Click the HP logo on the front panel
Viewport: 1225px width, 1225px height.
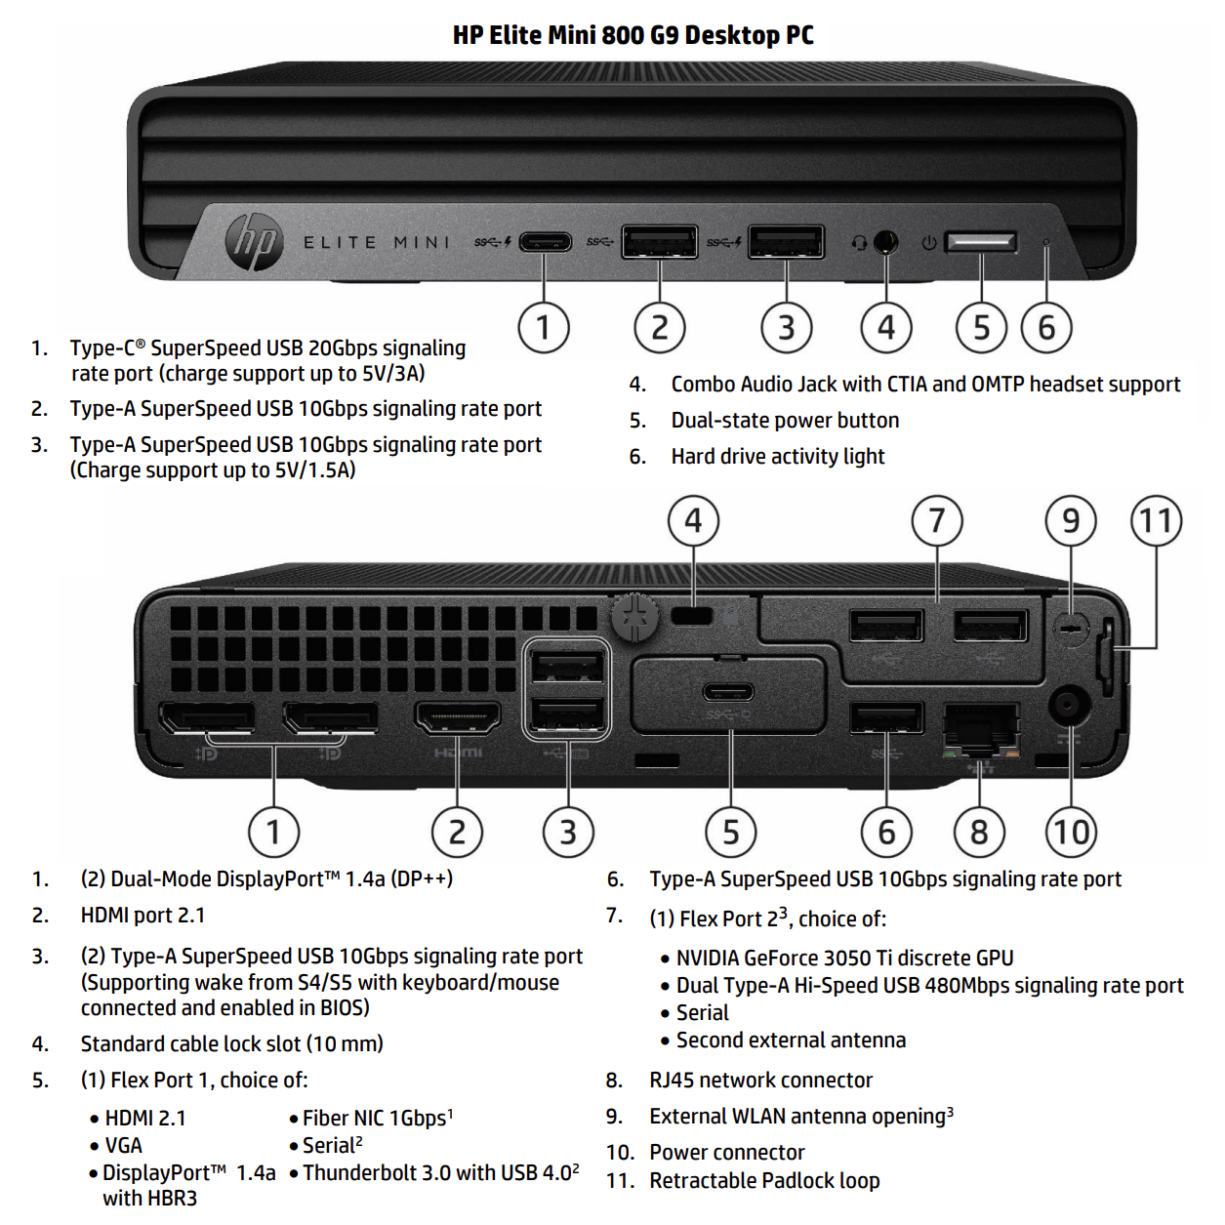pyautogui.click(x=254, y=242)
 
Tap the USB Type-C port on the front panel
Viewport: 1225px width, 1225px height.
pyautogui.click(x=545, y=241)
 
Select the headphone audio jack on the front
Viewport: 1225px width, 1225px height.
pyautogui.click(x=885, y=241)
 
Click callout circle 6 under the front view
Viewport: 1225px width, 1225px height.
pyautogui.click(x=1046, y=328)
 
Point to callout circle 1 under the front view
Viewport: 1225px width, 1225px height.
pyautogui.click(x=544, y=328)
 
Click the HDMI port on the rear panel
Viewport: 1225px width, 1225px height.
pyautogui.click(x=458, y=718)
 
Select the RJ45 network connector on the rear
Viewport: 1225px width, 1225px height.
pyautogui.click(x=981, y=728)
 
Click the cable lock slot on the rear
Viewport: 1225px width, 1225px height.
pyautogui.click(x=693, y=616)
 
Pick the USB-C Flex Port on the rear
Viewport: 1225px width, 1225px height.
pyautogui.click(x=728, y=692)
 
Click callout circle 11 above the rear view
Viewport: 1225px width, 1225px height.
pyautogui.click(x=1157, y=520)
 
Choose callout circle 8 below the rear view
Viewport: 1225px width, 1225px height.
pyautogui.click(x=979, y=832)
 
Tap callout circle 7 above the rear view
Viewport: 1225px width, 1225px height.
pyautogui.click(x=937, y=520)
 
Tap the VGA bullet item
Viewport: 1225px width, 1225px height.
pyautogui.click(x=123, y=1145)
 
